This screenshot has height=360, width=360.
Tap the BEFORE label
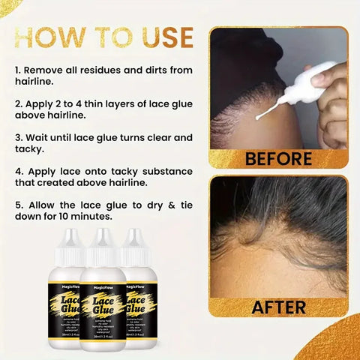tap(278, 159)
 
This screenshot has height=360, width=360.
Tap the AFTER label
tap(278, 306)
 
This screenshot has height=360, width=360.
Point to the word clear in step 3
tap(153, 137)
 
